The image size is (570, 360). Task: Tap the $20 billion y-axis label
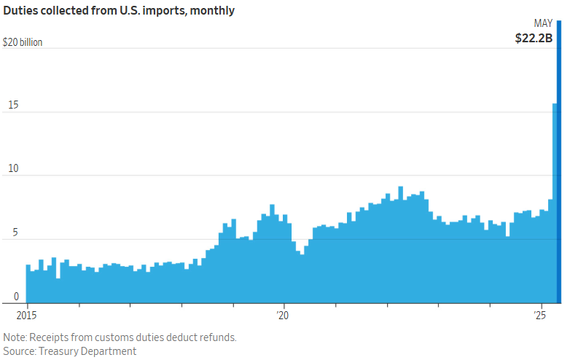click(23, 42)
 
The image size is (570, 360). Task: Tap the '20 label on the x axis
click(283, 316)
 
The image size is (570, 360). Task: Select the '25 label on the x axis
click(540, 316)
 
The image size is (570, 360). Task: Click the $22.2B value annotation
click(534, 38)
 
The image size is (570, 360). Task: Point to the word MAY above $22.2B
click(543, 23)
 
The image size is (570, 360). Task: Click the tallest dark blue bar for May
click(559, 160)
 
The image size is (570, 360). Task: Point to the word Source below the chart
click(20, 351)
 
